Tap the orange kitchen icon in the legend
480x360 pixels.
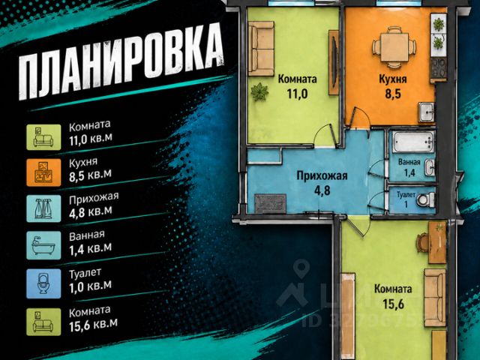pyautogui.click(x=43, y=172)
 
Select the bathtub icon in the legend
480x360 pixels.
pyautogui.click(x=43, y=245)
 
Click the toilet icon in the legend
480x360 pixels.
pyautogui.click(x=43, y=283)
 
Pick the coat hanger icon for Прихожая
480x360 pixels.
pyautogui.click(x=43, y=208)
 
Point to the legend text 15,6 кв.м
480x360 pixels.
pyautogui.click(x=93, y=324)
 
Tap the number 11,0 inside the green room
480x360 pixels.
pyautogui.click(x=297, y=93)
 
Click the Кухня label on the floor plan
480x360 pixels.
pyautogui.click(x=393, y=79)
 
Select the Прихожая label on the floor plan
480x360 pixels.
pyautogui.click(x=322, y=175)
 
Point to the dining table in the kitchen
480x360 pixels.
pyautogui.click(x=394, y=47)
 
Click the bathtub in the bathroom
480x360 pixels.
pyautogui.click(x=413, y=141)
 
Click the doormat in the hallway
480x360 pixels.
pyautogui.click(x=270, y=203)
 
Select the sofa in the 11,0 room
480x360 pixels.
pyautogui.click(x=261, y=48)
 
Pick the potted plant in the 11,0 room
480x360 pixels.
pyautogui.click(x=259, y=91)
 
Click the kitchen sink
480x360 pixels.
pyautogui.click(x=426, y=112)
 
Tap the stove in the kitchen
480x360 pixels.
pyautogui.click(x=439, y=69)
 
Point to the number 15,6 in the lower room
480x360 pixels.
pyautogui.click(x=393, y=304)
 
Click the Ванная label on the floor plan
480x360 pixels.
pyautogui.click(x=409, y=162)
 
